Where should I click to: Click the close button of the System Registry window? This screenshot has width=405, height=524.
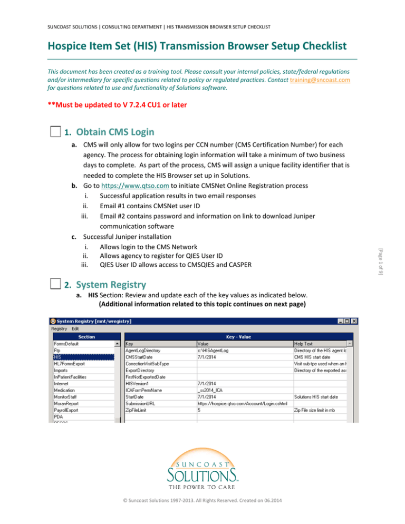pos(354,322)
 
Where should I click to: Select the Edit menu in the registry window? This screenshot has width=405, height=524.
pos(75,328)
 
